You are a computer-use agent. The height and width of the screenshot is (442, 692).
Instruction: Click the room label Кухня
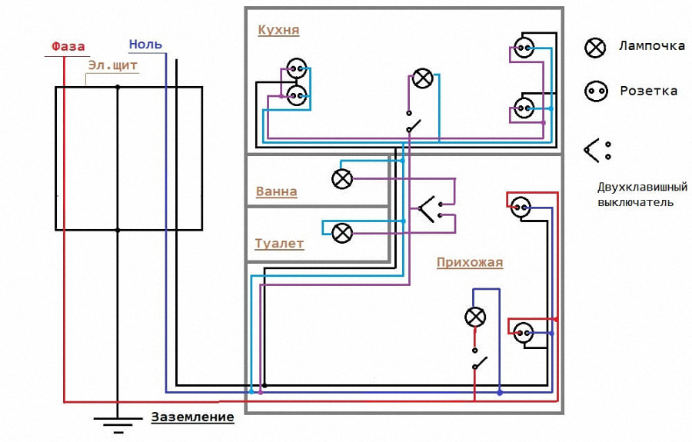click(278, 30)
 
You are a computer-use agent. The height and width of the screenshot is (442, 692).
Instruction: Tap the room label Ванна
click(276, 191)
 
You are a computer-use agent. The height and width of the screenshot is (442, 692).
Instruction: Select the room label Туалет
click(279, 244)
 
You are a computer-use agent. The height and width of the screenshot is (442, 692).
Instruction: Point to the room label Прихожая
click(470, 262)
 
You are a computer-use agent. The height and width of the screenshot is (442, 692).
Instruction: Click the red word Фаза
click(68, 46)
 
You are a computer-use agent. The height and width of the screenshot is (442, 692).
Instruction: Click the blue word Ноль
click(145, 45)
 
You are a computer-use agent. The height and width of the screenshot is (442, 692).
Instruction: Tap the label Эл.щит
click(112, 66)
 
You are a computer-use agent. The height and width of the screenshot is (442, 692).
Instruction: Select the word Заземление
click(192, 417)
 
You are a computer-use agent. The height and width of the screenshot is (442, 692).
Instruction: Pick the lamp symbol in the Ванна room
click(342, 178)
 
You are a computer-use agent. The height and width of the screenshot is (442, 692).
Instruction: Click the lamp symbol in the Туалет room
click(342, 233)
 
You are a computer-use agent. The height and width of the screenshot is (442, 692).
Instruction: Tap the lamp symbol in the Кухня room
click(423, 78)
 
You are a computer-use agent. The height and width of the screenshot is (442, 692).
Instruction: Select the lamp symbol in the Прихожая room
click(475, 317)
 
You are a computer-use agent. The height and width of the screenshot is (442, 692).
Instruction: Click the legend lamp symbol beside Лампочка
click(595, 47)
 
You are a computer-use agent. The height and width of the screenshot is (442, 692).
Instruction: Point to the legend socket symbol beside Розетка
click(596, 91)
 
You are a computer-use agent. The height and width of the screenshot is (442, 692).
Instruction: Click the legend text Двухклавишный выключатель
click(642, 194)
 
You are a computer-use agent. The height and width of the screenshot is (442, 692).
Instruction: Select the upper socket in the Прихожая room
click(521, 207)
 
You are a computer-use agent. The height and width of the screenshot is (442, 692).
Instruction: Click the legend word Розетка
click(648, 91)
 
